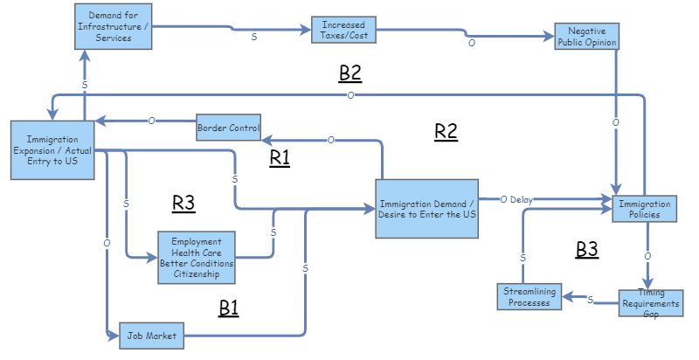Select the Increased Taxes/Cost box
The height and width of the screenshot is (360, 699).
(343, 30)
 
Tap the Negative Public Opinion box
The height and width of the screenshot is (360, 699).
(587, 36)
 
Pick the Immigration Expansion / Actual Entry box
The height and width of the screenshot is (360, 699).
(52, 150)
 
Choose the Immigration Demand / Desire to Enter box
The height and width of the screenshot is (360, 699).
(427, 208)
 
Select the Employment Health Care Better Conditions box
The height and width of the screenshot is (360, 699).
(197, 257)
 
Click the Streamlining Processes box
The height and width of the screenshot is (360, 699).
(529, 297)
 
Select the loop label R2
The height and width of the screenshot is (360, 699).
(446, 132)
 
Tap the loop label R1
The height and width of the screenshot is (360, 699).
(280, 157)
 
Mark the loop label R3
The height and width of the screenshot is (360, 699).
(183, 204)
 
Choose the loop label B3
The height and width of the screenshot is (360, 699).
(587, 250)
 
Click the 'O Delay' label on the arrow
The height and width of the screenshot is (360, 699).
(516, 199)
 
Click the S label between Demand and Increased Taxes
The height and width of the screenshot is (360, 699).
(255, 37)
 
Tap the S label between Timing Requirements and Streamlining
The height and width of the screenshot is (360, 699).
(590, 300)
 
